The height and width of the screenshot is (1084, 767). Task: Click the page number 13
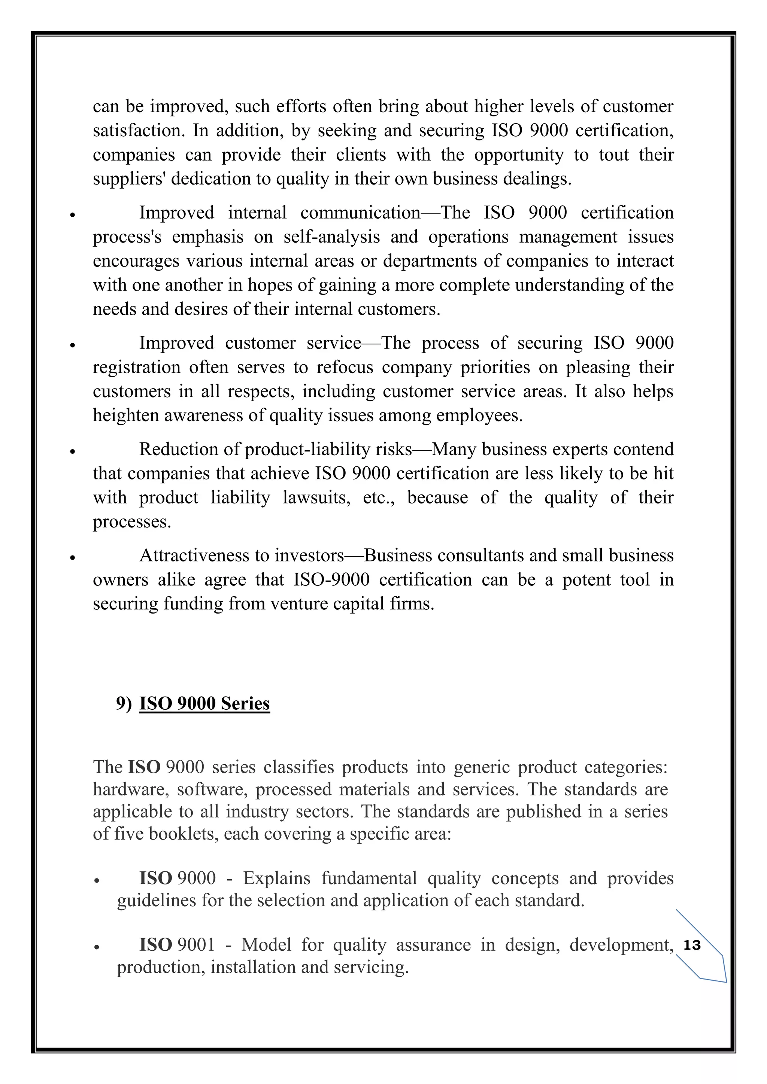(692, 945)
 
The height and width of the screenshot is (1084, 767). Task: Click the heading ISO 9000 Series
(204, 703)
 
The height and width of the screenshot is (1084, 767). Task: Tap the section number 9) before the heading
(124, 703)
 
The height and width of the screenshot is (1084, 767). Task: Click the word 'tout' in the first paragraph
(614, 155)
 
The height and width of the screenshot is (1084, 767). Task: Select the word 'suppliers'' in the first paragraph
(128, 179)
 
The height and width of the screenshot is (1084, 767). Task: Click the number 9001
(196, 945)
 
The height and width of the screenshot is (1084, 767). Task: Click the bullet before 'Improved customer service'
(72, 345)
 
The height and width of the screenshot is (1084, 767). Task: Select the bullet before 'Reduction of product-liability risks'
(72, 451)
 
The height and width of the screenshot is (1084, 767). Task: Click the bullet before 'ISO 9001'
(96, 947)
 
